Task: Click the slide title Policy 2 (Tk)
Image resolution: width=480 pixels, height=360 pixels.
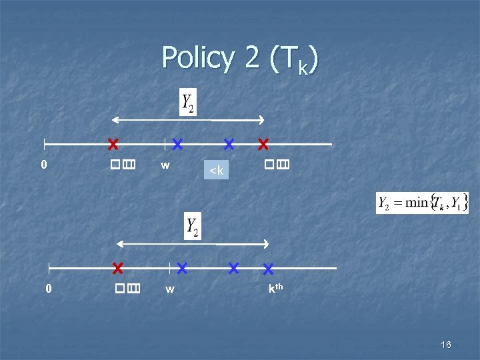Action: (240, 59)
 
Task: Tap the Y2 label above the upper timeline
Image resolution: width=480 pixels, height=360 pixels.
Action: (188, 103)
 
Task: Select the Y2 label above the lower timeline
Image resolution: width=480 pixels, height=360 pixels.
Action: (193, 227)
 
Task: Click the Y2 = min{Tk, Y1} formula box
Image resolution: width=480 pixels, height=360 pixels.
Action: (423, 203)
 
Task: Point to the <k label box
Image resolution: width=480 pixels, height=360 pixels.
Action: (216, 171)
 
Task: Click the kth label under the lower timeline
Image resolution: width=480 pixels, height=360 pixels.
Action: (275, 289)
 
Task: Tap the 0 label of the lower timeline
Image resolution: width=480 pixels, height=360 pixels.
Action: (48, 289)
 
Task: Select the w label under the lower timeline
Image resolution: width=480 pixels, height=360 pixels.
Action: (170, 289)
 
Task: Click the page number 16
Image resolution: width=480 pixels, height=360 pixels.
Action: (446, 345)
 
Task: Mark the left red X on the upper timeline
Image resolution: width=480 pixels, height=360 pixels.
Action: (113, 143)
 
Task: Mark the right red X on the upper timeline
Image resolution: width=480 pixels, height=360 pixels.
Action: (263, 143)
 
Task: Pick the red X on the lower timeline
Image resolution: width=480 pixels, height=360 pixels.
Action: (117, 268)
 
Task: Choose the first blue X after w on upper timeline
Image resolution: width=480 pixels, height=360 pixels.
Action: (177, 143)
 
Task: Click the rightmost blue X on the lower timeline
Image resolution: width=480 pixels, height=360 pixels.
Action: (268, 269)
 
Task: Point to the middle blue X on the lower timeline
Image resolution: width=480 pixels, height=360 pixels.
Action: (233, 268)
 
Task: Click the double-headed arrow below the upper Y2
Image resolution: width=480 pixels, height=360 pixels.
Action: (188, 120)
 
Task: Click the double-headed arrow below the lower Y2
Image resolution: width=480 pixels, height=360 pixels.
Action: (193, 244)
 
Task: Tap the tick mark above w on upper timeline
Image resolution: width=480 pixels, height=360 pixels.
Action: (165, 143)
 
